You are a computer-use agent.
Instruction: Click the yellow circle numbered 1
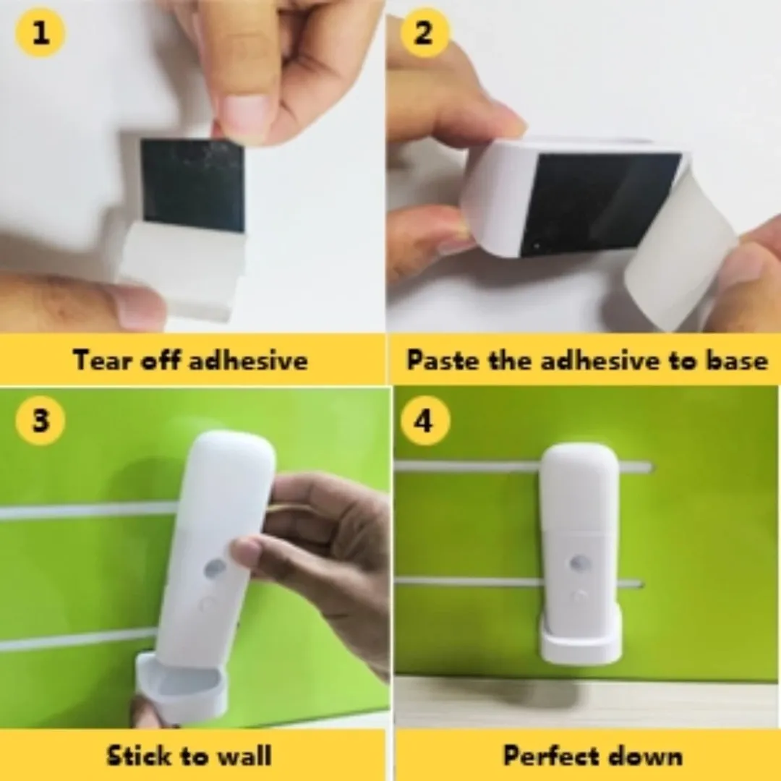click(40, 33)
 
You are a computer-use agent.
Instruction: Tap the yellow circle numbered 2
click(424, 33)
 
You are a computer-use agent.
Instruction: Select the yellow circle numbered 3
click(40, 420)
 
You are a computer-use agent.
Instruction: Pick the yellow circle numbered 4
click(425, 421)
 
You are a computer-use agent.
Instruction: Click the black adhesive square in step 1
click(193, 185)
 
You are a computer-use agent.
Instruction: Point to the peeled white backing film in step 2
click(680, 249)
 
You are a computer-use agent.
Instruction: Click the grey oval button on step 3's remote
click(215, 568)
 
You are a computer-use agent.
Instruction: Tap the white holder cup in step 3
click(182, 688)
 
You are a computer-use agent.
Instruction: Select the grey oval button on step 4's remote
click(580, 563)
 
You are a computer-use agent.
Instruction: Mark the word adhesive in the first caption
click(249, 359)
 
